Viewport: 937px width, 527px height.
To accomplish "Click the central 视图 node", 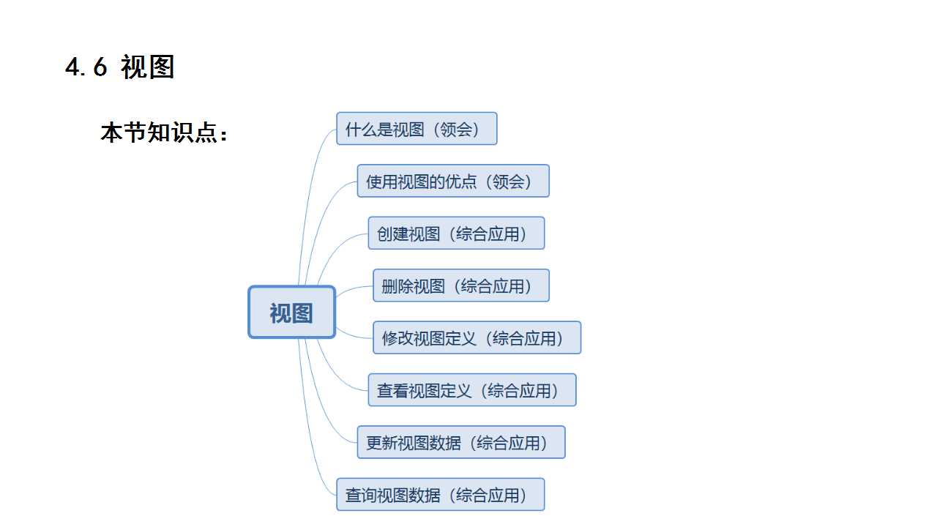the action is [291, 313].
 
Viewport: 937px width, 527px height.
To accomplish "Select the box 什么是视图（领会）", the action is [417, 129].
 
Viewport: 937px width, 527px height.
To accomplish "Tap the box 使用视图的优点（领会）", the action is [452, 182].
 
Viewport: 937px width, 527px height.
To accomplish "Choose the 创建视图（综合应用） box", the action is [456, 233].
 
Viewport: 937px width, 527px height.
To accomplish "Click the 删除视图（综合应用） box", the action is [460, 285].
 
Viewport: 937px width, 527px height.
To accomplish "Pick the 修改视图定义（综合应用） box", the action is [477, 338].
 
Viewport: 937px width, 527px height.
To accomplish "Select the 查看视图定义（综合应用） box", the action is [471, 390].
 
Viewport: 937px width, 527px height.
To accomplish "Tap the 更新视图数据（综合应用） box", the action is [461, 443].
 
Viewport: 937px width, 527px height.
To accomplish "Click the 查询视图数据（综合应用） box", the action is [440, 495].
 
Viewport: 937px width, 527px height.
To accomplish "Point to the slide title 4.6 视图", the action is [120, 67].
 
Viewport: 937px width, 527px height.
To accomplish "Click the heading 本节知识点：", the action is [165, 132].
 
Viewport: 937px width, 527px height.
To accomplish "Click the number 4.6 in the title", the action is [86, 67].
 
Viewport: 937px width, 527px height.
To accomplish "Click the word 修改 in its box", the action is [397, 338].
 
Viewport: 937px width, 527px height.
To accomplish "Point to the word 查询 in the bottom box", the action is [361, 495].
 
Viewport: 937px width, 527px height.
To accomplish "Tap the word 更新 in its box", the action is [381, 443].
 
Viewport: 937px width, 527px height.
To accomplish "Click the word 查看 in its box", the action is [392, 390].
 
